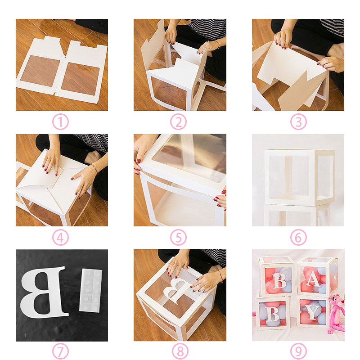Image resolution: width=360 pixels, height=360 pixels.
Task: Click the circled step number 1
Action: pos(60,121)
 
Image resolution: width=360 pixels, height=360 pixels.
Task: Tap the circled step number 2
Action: pos(178,121)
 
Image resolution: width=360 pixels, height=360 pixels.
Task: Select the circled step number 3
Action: pos(298,121)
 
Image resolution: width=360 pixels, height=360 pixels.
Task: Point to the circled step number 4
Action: pos(60,238)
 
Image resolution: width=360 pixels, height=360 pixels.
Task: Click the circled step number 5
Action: pos(178,238)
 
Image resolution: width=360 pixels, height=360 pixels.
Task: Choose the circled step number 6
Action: pos(298,238)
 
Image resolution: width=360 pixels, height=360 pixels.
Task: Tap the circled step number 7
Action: pos(60,351)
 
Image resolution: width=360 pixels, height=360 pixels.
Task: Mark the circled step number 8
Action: pos(180,351)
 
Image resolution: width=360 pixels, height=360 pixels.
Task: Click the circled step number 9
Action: pos(298,351)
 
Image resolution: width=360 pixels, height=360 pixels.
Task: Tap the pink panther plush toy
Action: pos(336,313)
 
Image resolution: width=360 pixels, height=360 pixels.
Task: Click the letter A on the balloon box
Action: pos(314,279)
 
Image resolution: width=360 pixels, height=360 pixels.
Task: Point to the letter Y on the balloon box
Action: pos(312,312)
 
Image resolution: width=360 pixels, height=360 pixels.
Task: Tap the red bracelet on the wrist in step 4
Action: pos(94,168)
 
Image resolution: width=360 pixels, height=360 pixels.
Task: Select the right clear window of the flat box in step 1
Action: pos(81,78)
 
